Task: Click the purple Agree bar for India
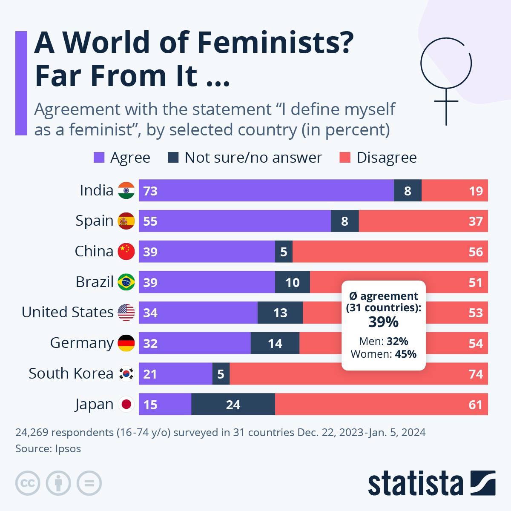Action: pyautogui.click(x=266, y=190)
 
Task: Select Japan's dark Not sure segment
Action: pyautogui.click(x=233, y=404)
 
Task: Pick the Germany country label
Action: pyautogui.click(x=82, y=343)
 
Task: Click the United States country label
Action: pyautogui.click(x=68, y=312)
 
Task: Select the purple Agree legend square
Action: pyautogui.click(x=99, y=158)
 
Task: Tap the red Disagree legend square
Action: pyautogui.click(x=345, y=158)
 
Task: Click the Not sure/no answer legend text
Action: pyautogui.click(x=253, y=158)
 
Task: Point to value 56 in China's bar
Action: pyautogui.click(x=475, y=252)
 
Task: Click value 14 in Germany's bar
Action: pyautogui.click(x=275, y=343)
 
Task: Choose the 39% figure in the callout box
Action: pyautogui.click(x=383, y=322)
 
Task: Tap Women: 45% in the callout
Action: pyautogui.click(x=383, y=354)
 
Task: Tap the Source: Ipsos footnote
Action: pyautogui.click(x=48, y=448)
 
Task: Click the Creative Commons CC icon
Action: pyautogui.click(x=28, y=483)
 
